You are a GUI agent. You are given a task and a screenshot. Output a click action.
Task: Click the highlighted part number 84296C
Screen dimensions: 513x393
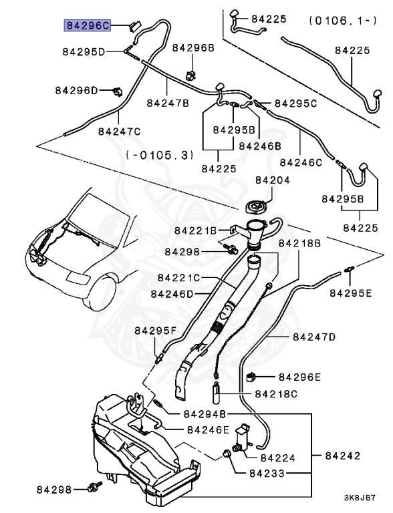click(x=87, y=25)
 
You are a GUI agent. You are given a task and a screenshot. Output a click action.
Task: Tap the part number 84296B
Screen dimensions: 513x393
click(x=192, y=48)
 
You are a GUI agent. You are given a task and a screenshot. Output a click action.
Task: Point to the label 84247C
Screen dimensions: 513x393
click(x=119, y=131)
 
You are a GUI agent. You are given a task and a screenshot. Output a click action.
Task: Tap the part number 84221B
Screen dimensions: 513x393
click(x=196, y=230)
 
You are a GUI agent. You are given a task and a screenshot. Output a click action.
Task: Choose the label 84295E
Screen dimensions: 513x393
click(x=352, y=293)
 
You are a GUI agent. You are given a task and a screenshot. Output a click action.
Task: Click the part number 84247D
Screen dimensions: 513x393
click(x=313, y=337)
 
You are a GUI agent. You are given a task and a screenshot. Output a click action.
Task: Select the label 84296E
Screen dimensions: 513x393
click(x=300, y=377)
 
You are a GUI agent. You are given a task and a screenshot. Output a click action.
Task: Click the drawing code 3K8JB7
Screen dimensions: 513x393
click(x=360, y=498)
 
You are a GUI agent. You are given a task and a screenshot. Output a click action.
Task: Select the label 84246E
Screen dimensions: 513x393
click(x=208, y=430)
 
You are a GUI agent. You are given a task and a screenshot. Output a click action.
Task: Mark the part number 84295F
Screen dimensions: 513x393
click(x=156, y=330)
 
